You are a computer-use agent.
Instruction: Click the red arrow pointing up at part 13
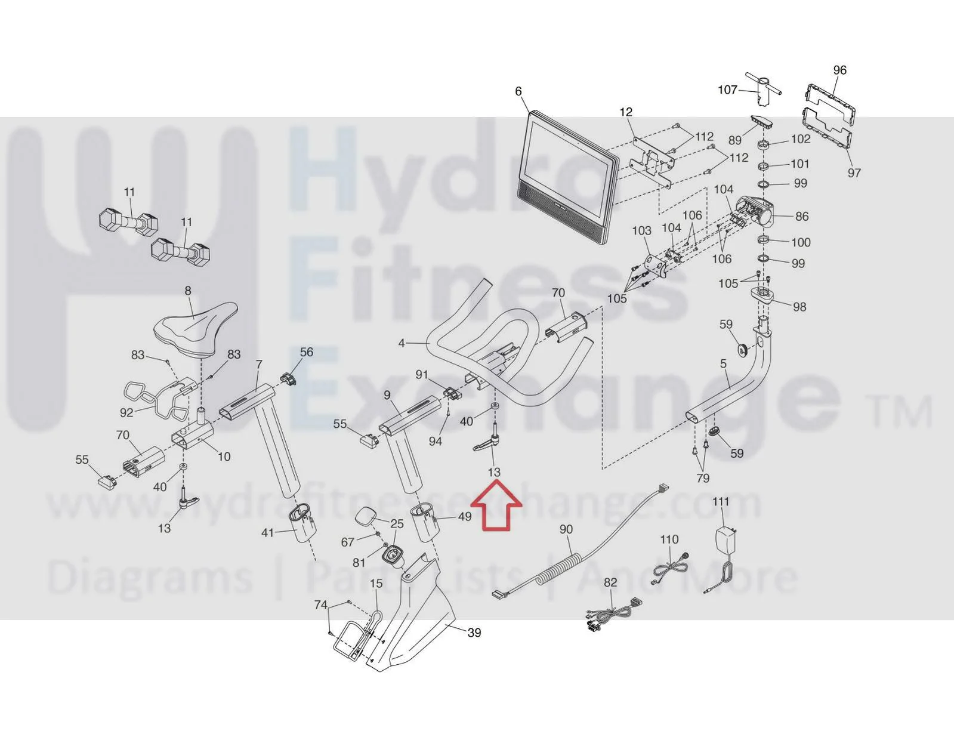click(x=496, y=510)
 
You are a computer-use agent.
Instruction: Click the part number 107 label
click(x=727, y=90)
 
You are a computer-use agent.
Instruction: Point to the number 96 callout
click(x=839, y=70)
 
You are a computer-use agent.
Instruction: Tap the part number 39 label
click(x=474, y=633)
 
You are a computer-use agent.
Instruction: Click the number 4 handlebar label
click(x=402, y=343)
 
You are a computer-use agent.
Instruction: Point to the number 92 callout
click(x=126, y=412)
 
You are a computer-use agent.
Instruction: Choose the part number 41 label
click(x=267, y=533)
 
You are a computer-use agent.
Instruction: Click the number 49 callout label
click(x=465, y=517)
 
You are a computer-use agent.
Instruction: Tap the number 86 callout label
click(x=802, y=216)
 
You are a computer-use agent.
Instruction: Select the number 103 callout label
click(x=641, y=230)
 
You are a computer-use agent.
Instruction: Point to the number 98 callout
click(x=799, y=307)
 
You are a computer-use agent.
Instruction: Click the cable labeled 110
click(x=669, y=570)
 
